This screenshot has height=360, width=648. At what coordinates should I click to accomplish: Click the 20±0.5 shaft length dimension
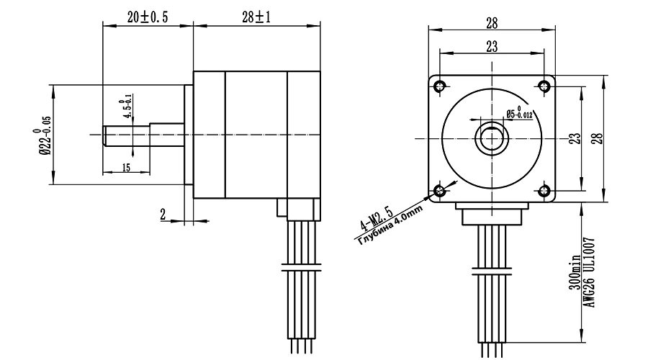[148, 17]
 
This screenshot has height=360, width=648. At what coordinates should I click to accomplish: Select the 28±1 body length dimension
[256, 17]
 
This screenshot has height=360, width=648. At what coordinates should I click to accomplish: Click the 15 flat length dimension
[126, 167]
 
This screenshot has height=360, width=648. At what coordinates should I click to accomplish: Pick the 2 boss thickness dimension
[163, 214]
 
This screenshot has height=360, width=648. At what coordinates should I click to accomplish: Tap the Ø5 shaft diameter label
[519, 112]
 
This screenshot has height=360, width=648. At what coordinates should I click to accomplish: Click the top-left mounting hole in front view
[440, 86]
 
